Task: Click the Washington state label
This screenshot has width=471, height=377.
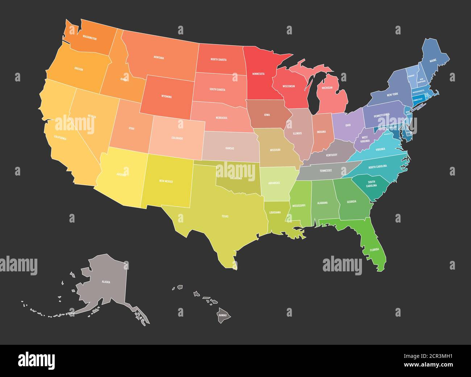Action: pyautogui.click(x=89, y=37)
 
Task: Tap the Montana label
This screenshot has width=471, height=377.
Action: pyautogui.click(x=159, y=58)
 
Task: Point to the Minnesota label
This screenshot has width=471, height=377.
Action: pyautogui.click(x=258, y=74)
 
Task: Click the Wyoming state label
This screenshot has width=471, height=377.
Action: pyautogui.click(x=166, y=97)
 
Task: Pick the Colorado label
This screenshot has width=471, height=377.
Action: pyautogui.click(x=177, y=138)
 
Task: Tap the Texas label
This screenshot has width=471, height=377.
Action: pyautogui.click(x=225, y=216)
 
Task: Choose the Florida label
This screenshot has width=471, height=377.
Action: pyautogui.click(x=374, y=250)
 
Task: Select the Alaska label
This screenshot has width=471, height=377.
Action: pyautogui.click(x=106, y=281)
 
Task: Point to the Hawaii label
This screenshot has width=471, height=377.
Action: pyautogui.click(x=222, y=315)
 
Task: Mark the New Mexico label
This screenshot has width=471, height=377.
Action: pyautogui.click(x=166, y=181)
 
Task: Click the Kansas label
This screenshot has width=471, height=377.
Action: pyautogui.click(x=230, y=148)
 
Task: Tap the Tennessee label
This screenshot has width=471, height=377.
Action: pyautogui.click(x=327, y=170)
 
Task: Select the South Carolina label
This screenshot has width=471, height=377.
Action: pyautogui.click(x=372, y=183)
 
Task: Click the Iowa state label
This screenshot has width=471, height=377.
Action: pyautogui.click(x=267, y=115)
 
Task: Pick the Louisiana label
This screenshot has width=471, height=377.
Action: pyautogui.click(x=275, y=212)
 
